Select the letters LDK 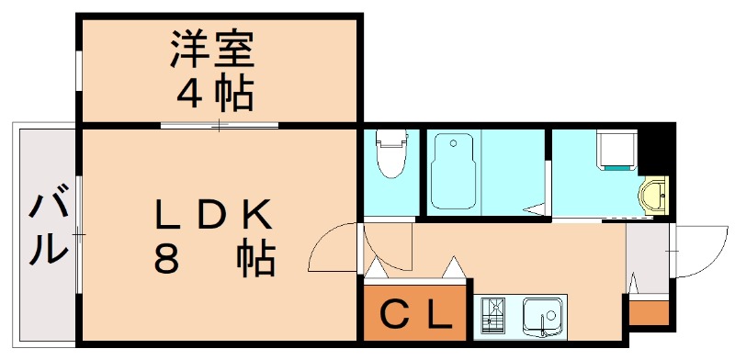coord(212,216)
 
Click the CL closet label coord(416,317)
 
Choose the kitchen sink coord(544,317)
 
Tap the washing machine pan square coord(617,150)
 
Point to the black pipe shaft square coord(657,147)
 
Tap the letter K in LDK coord(257,216)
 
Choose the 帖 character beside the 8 coord(256,261)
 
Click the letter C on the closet coord(393,317)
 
